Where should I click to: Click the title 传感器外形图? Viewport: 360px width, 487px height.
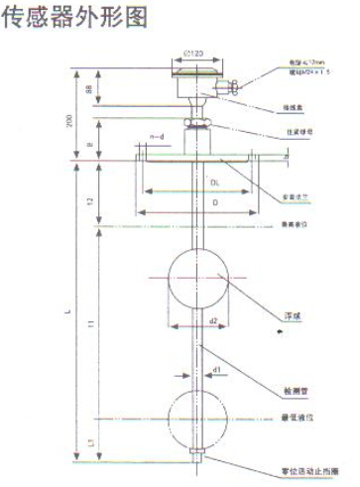point(74,18)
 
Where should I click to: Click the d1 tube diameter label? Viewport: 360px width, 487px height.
point(215,369)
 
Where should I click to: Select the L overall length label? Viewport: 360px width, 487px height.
point(68,311)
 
